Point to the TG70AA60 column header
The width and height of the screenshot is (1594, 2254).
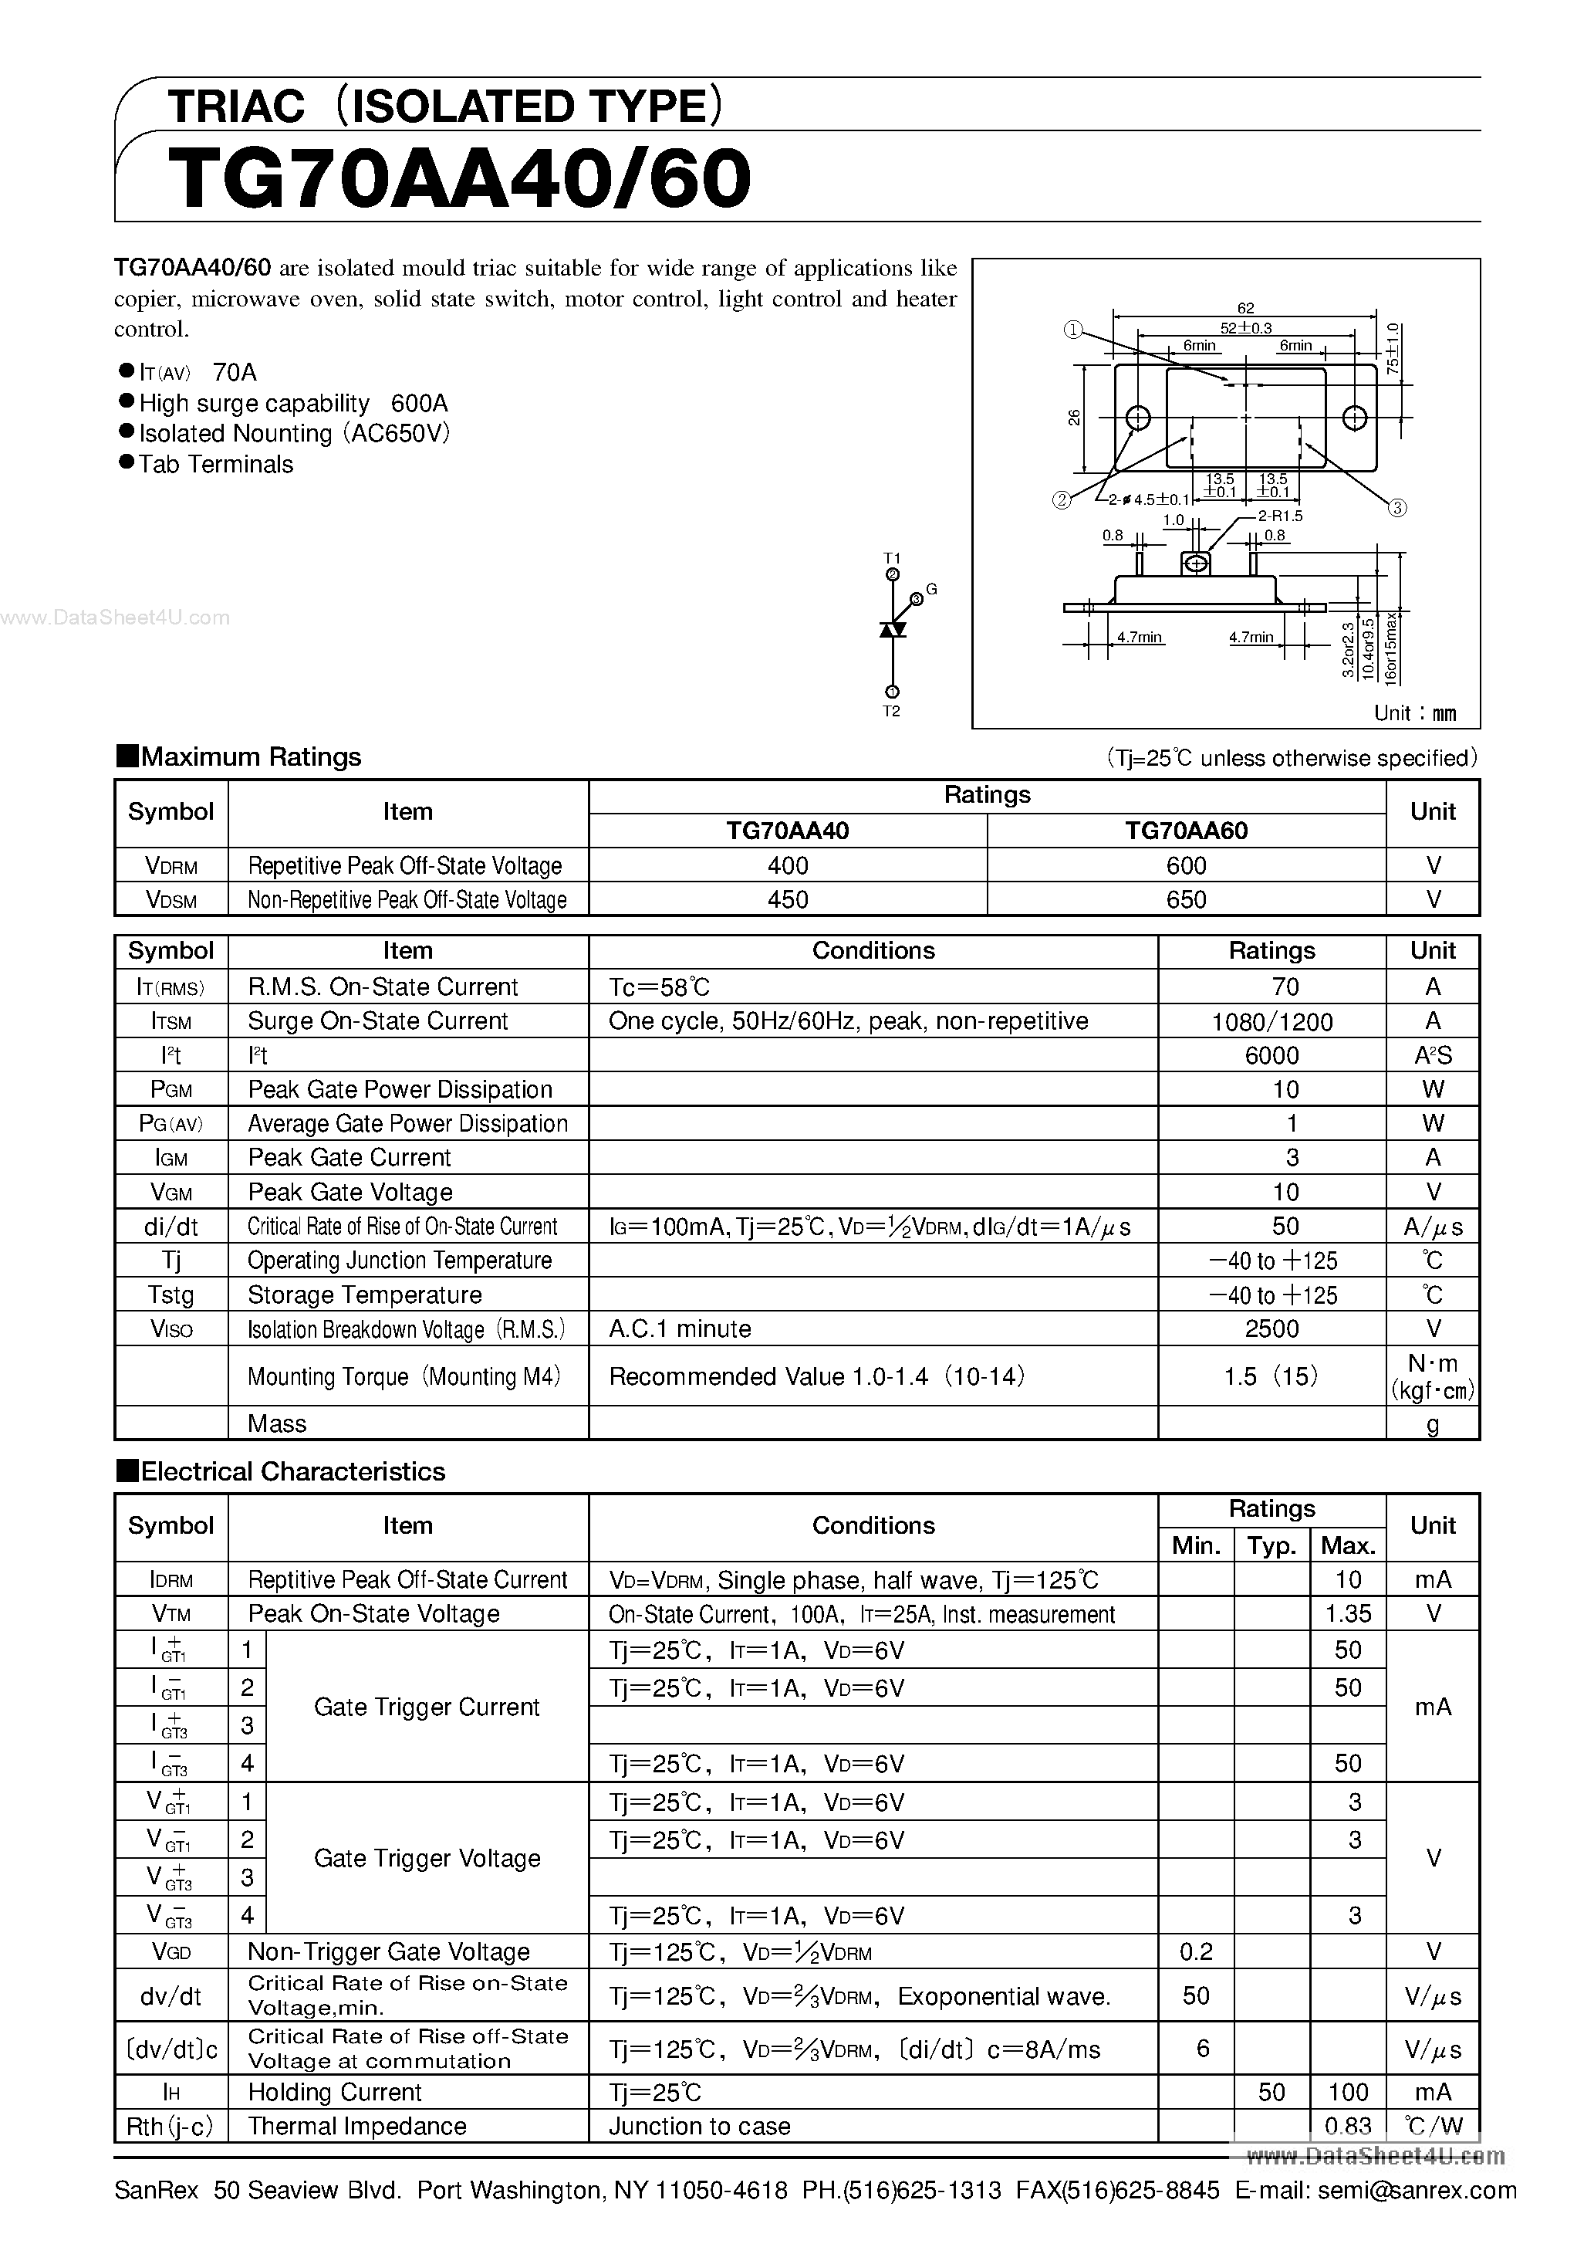[1186, 831]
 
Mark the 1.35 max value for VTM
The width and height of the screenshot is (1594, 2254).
[1348, 1614]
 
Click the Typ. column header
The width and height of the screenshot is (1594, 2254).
[1271, 1546]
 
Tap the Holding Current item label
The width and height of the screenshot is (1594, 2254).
[335, 2092]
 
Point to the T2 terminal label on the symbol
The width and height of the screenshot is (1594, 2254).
[891, 711]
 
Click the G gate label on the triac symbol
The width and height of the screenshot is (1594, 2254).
[931, 589]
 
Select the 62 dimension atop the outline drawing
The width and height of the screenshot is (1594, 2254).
[1245, 308]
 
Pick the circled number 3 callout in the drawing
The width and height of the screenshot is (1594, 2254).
[1398, 508]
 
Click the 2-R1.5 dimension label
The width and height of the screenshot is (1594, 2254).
[1280, 516]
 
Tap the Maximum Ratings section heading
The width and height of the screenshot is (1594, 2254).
[250, 757]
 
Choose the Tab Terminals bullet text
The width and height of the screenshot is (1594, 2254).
[216, 465]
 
